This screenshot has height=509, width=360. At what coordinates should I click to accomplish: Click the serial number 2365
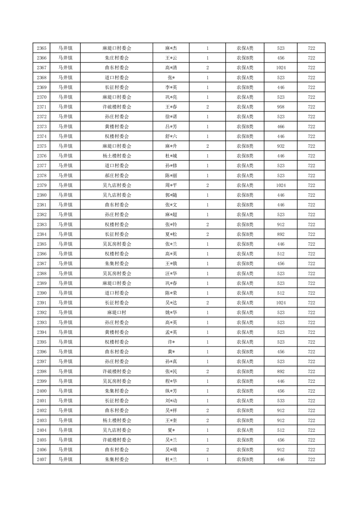pyautogui.click(x=42, y=48)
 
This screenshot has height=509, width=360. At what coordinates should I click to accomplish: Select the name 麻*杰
pyautogui.click(x=171, y=48)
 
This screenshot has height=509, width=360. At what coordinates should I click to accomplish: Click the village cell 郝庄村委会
pyautogui.click(x=117, y=176)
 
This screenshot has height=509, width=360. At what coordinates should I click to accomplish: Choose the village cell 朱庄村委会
pyautogui.click(x=117, y=58)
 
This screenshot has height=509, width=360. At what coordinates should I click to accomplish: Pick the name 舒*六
pyautogui.click(x=171, y=137)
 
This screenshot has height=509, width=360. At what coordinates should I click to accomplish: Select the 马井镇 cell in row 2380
pyautogui.click(x=65, y=195)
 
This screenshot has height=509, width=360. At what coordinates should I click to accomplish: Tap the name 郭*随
pyautogui.click(x=171, y=195)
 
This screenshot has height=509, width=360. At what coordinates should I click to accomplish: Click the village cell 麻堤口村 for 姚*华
pyautogui.click(x=117, y=313)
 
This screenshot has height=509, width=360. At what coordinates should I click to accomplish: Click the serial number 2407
pyautogui.click(x=42, y=460)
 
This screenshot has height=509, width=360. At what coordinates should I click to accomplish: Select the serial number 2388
pyautogui.click(x=42, y=274)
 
